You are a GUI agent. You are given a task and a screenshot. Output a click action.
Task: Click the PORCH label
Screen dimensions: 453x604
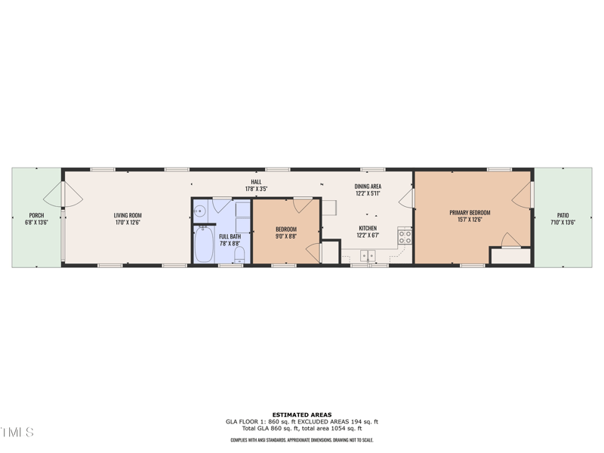36,215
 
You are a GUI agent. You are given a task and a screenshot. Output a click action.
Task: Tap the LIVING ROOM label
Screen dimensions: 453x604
127,215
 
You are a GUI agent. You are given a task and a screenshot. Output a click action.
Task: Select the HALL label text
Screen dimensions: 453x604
257,182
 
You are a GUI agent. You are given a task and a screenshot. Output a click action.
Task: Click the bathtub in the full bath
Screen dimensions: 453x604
204,244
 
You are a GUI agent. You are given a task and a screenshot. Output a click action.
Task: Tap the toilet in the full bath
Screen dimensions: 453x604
239,254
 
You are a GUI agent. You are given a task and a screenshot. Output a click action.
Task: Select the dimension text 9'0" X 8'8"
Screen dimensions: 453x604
286,236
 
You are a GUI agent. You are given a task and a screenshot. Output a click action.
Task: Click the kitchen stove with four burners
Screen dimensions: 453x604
405,237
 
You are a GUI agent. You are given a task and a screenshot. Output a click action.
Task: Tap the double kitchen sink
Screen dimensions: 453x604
368,256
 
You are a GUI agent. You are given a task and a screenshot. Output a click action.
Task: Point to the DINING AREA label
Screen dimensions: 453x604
368,186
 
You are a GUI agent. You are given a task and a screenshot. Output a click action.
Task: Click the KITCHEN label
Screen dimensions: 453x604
368,228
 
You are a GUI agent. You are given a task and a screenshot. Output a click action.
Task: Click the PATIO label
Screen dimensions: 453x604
563,215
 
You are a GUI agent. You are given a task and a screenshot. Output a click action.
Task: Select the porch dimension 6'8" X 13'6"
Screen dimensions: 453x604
36,223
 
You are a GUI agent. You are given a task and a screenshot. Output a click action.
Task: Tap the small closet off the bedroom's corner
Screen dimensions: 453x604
331,252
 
